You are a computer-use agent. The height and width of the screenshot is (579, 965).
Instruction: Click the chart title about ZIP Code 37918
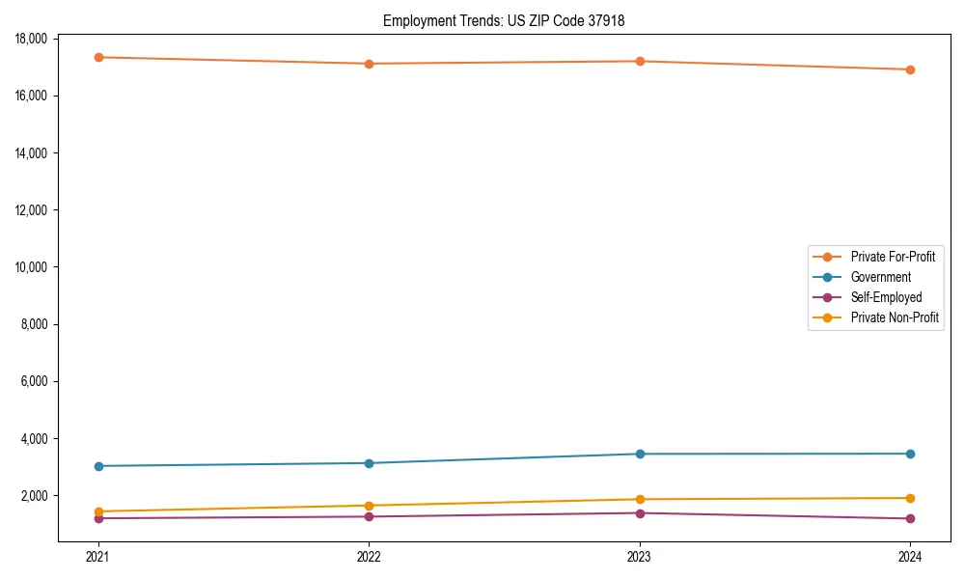pyautogui.click(x=504, y=20)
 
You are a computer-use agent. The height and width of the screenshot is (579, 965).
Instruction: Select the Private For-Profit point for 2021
pyautogui.click(x=98, y=57)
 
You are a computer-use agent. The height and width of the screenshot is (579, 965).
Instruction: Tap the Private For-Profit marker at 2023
pyautogui.click(x=640, y=61)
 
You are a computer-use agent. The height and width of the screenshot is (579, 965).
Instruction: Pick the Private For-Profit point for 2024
pyautogui.click(x=910, y=69)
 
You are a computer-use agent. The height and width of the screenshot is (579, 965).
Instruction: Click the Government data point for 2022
pyautogui.click(x=369, y=463)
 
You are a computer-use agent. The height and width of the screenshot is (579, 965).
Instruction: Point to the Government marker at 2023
pyautogui.click(x=640, y=454)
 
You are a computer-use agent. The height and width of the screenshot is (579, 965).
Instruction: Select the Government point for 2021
pyautogui.click(x=98, y=466)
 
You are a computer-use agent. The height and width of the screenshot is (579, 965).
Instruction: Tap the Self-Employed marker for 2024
pyautogui.click(x=910, y=519)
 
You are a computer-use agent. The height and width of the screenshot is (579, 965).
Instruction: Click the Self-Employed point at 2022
pyautogui.click(x=369, y=516)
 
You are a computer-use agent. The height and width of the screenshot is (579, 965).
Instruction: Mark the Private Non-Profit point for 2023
pyautogui.click(x=640, y=499)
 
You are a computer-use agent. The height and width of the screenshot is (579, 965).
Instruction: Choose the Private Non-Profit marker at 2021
pyautogui.click(x=98, y=511)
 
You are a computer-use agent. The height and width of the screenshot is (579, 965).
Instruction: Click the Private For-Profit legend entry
pyautogui.click(x=893, y=257)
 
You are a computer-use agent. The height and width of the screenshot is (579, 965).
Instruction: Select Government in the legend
pyautogui.click(x=880, y=277)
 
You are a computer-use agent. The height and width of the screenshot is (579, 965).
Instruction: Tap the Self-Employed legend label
pyautogui.click(x=886, y=297)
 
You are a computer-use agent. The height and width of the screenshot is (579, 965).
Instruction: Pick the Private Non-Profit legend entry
pyautogui.click(x=895, y=317)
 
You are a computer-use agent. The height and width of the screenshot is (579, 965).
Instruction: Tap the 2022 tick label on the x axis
pyautogui.click(x=369, y=556)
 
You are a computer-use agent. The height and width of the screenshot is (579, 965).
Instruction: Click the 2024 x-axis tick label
pyautogui.click(x=910, y=556)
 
